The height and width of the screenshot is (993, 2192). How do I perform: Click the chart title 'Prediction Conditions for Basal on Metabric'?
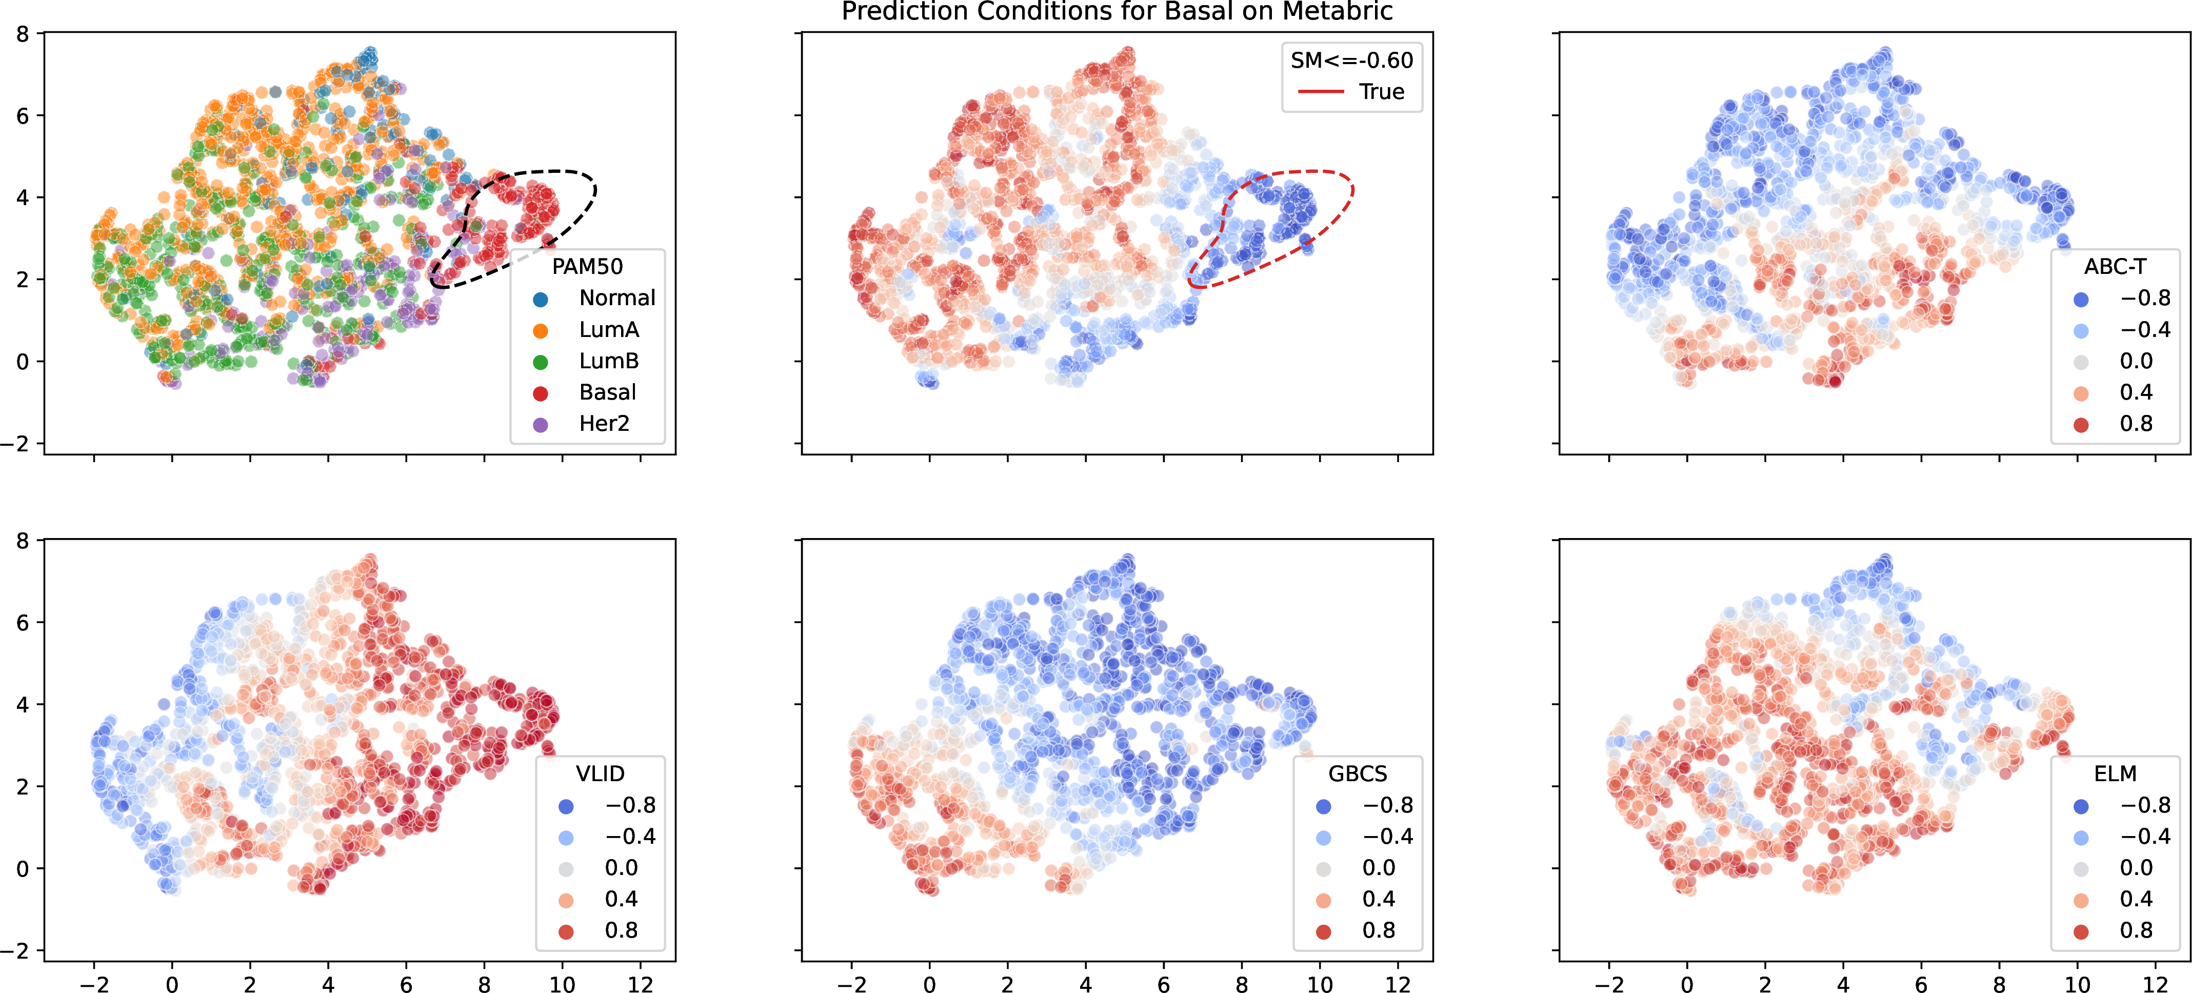tap(1117, 11)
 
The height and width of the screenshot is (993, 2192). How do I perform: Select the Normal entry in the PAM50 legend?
tap(595, 298)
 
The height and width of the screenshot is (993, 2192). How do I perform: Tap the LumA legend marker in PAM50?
tap(541, 330)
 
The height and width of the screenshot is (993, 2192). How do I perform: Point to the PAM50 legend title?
tap(587, 266)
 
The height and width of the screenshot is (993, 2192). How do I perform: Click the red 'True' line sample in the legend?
tap(1321, 92)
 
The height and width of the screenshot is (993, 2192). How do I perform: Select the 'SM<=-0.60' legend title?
tap(1351, 61)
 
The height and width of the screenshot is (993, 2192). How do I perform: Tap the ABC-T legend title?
tap(2116, 266)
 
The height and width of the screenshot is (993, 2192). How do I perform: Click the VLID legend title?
tap(600, 773)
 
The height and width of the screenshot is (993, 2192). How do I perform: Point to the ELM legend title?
tap(2116, 773)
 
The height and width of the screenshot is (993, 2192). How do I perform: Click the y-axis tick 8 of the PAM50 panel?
tap(22, 34)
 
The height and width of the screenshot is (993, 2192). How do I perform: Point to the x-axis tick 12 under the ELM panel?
tap(2156, 984)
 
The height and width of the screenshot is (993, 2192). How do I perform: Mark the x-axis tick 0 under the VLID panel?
tap(172, 984)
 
